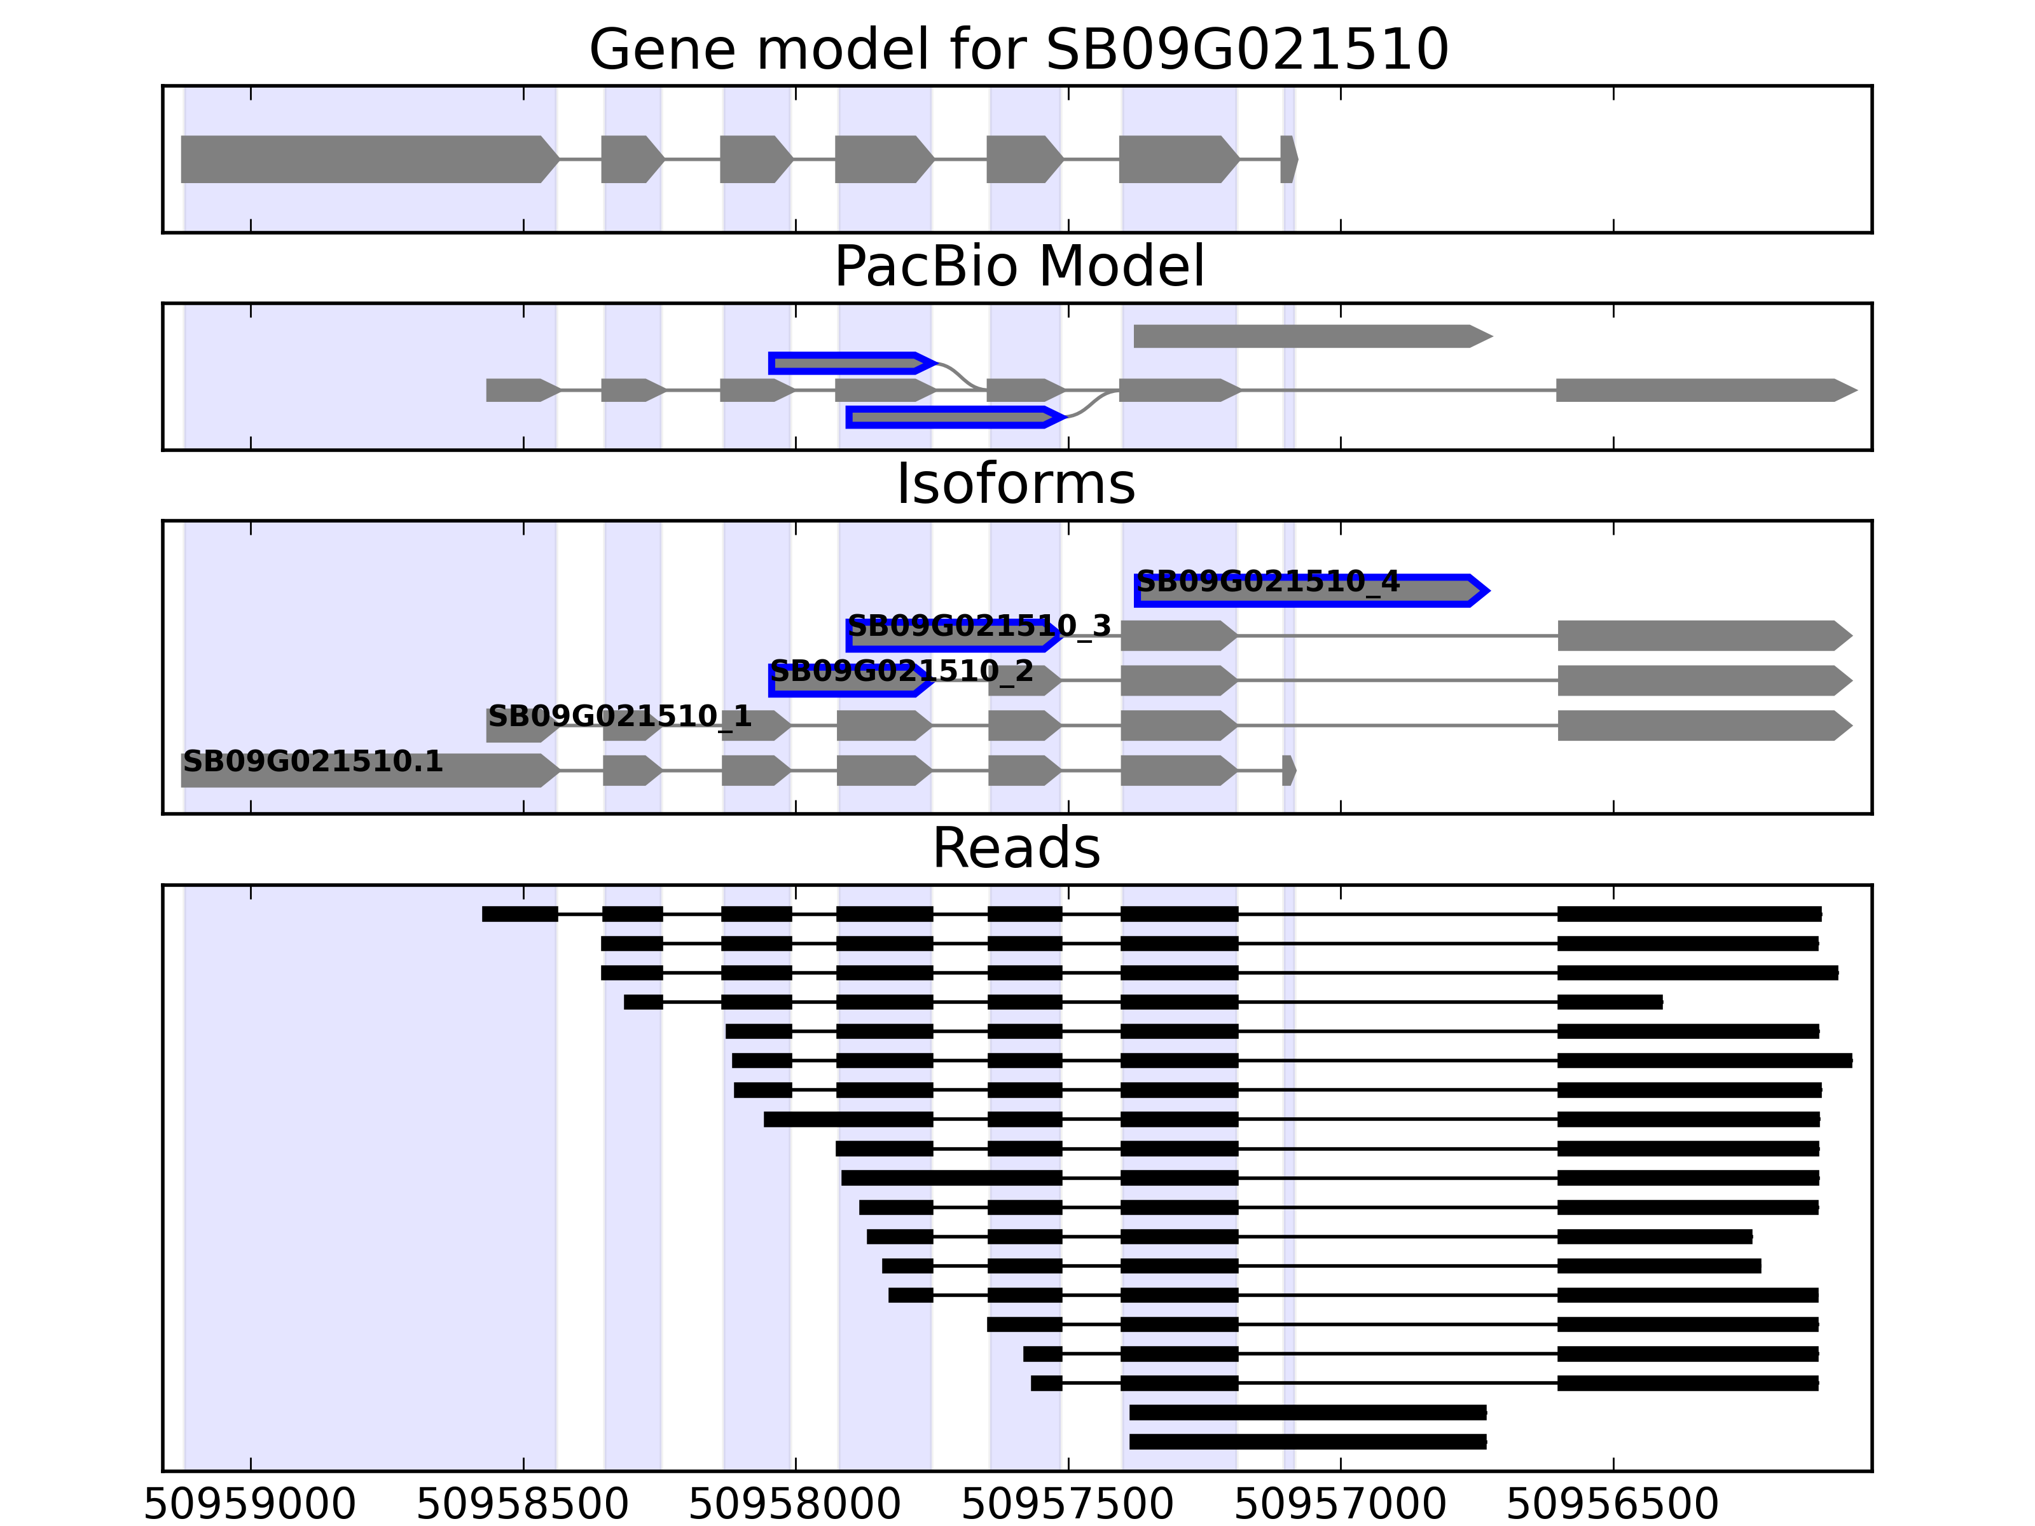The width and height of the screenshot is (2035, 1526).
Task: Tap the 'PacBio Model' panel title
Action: click(x=1018, y=267)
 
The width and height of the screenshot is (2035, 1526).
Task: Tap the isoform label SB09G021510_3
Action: click(x=979, y=626)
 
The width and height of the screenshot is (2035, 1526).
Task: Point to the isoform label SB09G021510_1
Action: click(x=619, y=715)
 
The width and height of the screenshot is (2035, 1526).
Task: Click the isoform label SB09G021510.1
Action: click(x=313, y=762)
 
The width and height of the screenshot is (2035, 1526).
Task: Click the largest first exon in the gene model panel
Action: click(x=368, y=159)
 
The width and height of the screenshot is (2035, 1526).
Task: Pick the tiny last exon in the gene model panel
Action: click(x=1288, y=159)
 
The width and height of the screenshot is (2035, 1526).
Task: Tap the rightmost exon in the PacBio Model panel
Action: click(x=1702, y=390)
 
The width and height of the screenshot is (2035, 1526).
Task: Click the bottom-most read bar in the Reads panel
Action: click(x=1307, y=1441)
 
